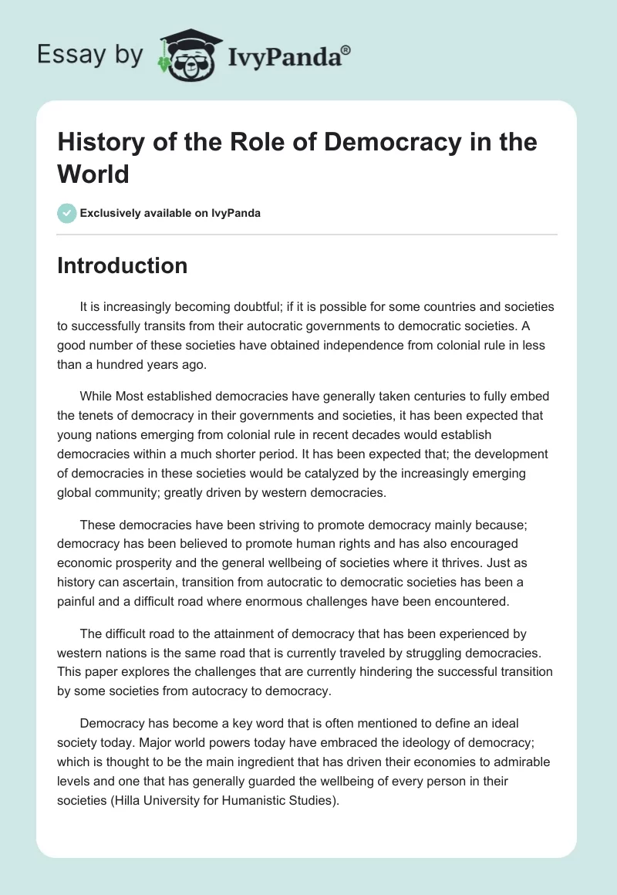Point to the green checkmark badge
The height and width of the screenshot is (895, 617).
pos(67,213)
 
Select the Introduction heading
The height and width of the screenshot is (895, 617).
pos(123,265)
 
